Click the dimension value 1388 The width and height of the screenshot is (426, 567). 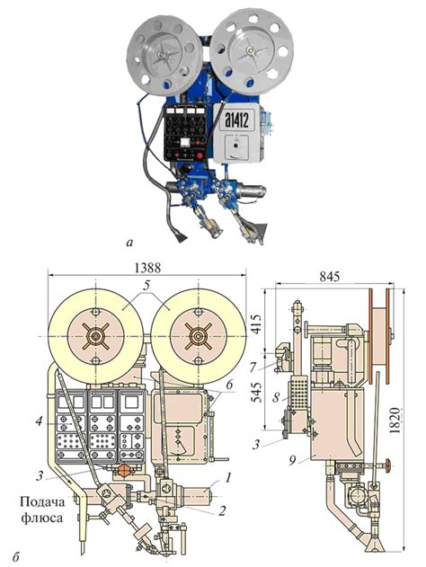[x=147, y=268]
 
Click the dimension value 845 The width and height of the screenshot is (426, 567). [x=330, y=277]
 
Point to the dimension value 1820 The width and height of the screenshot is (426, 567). [x=396, y=421]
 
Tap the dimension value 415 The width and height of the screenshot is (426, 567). [x=256, y=324]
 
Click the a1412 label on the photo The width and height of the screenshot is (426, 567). [x=237, y=119]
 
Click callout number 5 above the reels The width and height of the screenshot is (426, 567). [x=146, y=286]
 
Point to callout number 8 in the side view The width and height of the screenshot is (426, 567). [x=276, y=398]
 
